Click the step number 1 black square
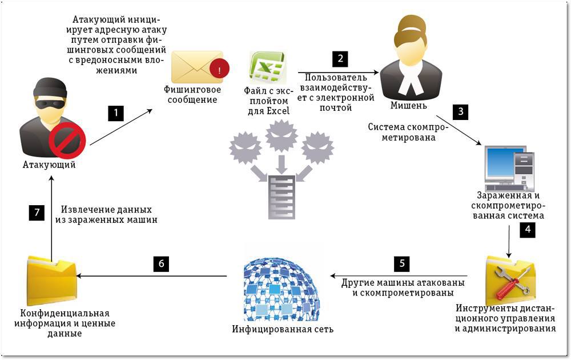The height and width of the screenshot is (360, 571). (x=116, y=113)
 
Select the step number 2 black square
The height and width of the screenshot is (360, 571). (x=340, y=59)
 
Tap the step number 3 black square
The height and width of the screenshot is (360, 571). (x=460, y=111)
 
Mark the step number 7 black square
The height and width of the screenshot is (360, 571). (x=37, y=213)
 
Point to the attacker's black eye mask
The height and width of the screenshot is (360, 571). (x=50, y=105)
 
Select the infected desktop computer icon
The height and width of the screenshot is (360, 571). (x=509, y=169)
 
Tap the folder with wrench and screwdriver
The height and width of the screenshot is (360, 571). (x=510, y=281)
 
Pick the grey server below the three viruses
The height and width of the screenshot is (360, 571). (x=282, y=197)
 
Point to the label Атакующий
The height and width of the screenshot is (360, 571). (x=49, y=165)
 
